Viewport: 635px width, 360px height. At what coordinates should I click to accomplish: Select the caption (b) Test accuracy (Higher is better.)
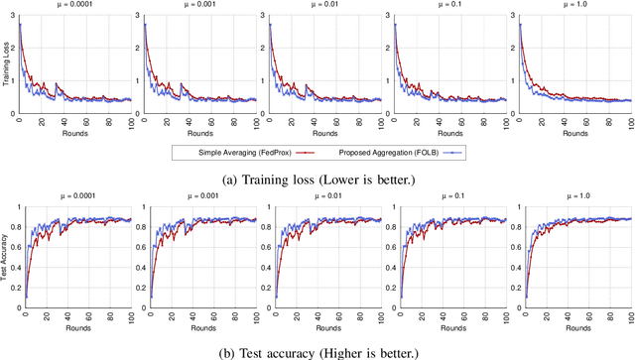317,349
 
